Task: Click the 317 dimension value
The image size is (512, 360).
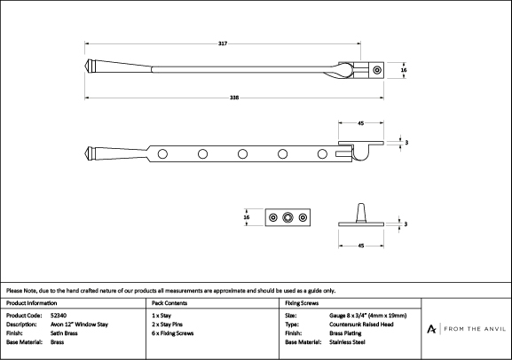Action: (223, 43)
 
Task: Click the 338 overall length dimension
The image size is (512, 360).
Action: (234, 98)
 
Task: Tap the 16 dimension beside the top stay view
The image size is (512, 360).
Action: (404, 70)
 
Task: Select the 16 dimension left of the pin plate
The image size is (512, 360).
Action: (247, 217)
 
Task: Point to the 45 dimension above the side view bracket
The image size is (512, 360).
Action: (361, 123)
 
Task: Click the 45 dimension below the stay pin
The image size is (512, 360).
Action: (361, 246)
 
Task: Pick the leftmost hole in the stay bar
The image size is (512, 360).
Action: (162, 153)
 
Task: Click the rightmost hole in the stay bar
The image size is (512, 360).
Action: (322, 153)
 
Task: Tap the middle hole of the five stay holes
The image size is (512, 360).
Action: (242, 153)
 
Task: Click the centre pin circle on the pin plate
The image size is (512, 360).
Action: (288, 217)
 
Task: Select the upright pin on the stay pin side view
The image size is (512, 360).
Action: (360, 213)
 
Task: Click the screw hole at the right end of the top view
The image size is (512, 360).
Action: (377, 70)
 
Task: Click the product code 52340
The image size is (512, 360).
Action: (59, 316)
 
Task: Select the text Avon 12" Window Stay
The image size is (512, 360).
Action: (79, 325)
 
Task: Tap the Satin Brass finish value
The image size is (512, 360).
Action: (64, 333)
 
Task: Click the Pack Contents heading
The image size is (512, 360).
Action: (169, 303)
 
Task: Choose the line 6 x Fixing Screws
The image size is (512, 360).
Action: (173, 333)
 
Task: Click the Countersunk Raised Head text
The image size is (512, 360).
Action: (361, 325)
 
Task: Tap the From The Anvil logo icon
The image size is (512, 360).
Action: (431, 329)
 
